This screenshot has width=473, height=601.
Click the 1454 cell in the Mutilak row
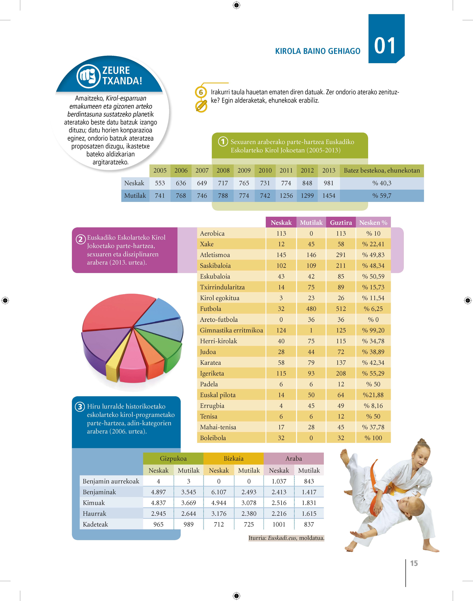coord(329,196)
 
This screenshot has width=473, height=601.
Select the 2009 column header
coord(244,170)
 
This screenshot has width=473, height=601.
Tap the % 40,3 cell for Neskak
coord(382,183)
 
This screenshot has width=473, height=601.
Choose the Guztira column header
coord(341,222)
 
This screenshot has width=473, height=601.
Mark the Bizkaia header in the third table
coord(233,458)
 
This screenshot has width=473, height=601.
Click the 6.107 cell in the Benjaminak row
coord(219,492)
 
